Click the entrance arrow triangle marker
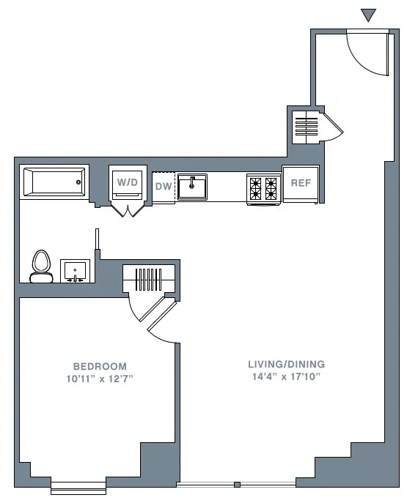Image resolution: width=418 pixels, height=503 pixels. point(369,15)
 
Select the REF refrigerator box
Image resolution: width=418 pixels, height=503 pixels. point(301,184)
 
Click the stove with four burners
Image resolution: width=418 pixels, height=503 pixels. point(263,188)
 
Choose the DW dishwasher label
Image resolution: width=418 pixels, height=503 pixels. point(163,187)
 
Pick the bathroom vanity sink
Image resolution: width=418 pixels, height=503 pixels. point(74,271)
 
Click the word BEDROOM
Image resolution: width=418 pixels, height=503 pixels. point(100,366)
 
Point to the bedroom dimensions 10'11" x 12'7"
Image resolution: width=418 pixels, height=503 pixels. point(100,379)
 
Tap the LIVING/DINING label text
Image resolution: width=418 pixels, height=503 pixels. point(286,364)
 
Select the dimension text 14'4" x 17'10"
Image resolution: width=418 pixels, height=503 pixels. point(286,376)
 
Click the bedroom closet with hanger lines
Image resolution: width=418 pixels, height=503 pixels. point(150,278)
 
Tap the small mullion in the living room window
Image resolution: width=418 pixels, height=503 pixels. point(237,485)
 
